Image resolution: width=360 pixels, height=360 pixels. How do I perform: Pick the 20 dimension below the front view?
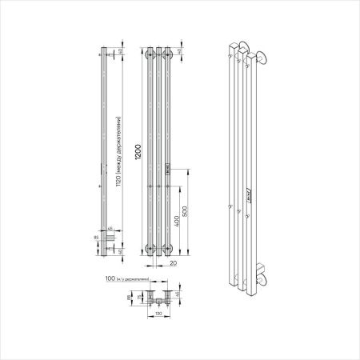tap(172, 261)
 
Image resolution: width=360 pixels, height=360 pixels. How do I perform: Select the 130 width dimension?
tap(161, 314)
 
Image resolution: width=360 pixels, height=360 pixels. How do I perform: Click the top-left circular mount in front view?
tap(150, 55)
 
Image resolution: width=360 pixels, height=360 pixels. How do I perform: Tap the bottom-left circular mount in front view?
tap(150, 248)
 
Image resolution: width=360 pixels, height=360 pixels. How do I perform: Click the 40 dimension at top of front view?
tap(181, 52)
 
